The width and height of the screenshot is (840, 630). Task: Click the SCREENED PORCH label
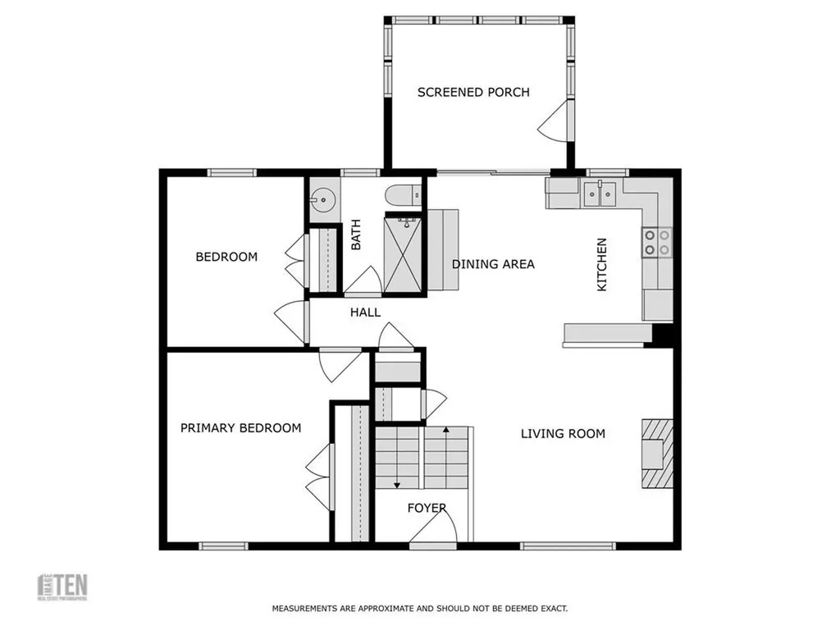[473, 92]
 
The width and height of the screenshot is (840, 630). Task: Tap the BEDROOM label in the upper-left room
[226, 257]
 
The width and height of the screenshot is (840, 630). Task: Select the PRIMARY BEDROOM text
[240, 427]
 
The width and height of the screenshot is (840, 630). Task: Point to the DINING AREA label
[493, 263]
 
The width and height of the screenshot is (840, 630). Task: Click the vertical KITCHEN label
[601, 265]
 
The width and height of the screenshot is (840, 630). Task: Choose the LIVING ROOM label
[563, 433]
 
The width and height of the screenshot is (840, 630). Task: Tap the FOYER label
[427, 508]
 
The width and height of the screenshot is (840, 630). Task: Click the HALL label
[365, 312]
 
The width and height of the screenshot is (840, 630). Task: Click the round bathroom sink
[323, 199]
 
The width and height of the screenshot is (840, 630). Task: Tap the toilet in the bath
[402, 196]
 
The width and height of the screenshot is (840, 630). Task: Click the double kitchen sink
[600, 194]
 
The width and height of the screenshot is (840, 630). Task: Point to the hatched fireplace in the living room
[656, 453]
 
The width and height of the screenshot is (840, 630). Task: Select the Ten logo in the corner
[63, 586]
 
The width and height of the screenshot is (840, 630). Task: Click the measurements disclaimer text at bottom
[419, 609]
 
